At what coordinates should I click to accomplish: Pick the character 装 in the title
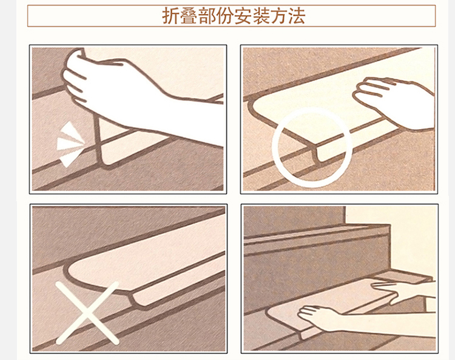tap(261, 16)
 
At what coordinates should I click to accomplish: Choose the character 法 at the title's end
tap(297, 16)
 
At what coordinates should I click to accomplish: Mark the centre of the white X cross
tap(87, 313)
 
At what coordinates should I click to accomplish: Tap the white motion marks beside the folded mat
tap(70, 144)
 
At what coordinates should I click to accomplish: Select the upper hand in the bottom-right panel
tap(403, 292)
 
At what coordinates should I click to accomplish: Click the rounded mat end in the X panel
tap(87, 274)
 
